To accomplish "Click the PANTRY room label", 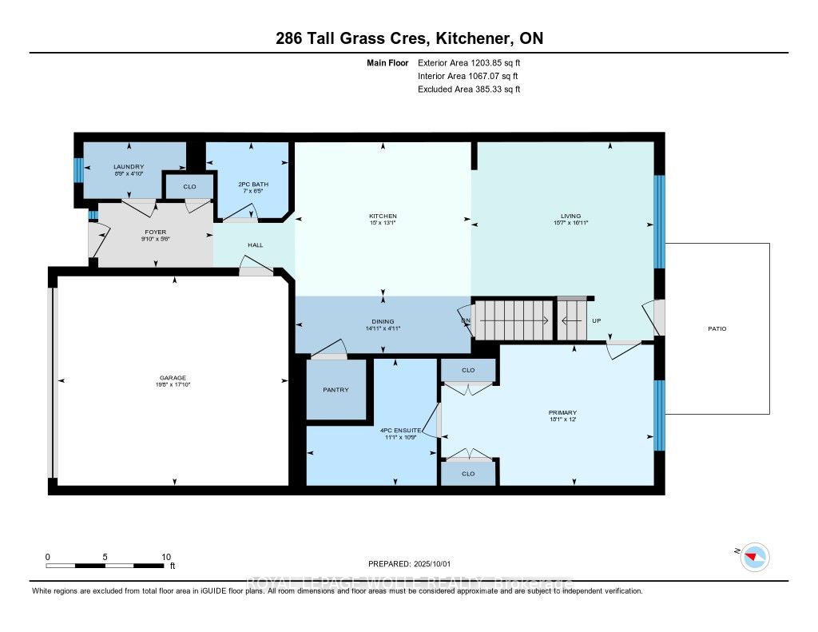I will tap(336, 390).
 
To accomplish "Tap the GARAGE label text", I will tap(173, 378).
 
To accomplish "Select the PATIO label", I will tap(717, 328).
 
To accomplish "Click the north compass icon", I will tap(754, 556).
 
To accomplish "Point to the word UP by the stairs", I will tap(596, 321).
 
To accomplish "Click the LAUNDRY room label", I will tap(129, 166).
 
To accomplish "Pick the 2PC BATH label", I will tap(253, 185).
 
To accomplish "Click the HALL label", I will tap(256, 245).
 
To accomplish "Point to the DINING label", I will tap(383, 321).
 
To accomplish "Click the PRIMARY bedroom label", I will tap(563, 412).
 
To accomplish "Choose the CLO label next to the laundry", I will tap(189, 187).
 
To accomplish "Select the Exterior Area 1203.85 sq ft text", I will tap(469, 62).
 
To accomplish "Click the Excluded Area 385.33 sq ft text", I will tap(469, 89).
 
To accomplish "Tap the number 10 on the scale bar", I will tap(166, 556).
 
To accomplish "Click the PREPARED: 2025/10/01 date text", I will tap(409, 563).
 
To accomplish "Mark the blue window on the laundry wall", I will tap(78, 170).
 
